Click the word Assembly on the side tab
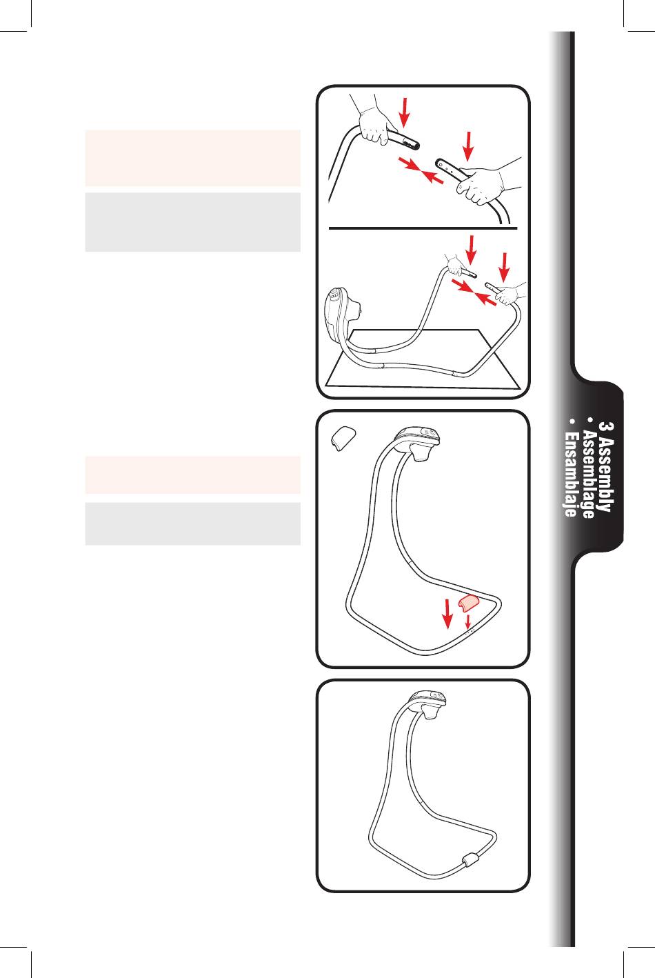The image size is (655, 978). pyautogui.click(x=605, y=474)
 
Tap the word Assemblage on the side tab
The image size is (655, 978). pyautogui.click(x=588, y=474)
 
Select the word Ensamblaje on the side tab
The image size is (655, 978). pyautogui.click(x=570, y=475)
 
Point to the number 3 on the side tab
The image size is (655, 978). pyautogui.click(x=605, y=427)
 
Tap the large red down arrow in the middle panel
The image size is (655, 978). pyautogui.click(x=447, y=614)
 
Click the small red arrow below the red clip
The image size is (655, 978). pyautogui.click(x=467, y=622)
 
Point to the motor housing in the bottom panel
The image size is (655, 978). pyautogui.click(x=426, y=703)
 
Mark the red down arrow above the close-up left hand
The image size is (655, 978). pyautogui.click(x=405, y=112)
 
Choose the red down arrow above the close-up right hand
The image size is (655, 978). pyautogui.click(x=468, y=146)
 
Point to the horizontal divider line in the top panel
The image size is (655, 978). pyautogui.click(x=423, y=228)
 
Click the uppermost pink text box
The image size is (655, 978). pyautogui.click(x=193, y=158)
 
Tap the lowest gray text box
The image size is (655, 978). pyautogui.click(x=193, y=523)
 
